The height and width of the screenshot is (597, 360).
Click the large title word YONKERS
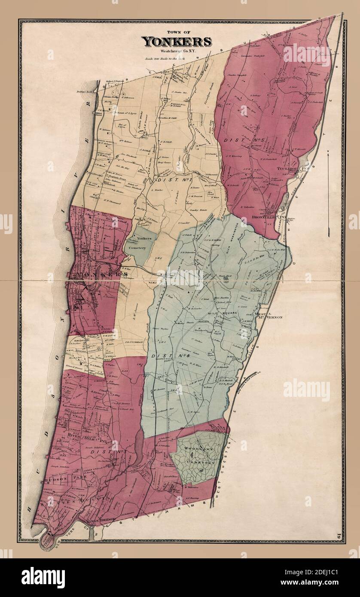[x=177, y=42]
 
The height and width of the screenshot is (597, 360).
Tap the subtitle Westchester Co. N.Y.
[x=177, y=51]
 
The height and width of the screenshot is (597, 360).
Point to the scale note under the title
[x=176, y=58]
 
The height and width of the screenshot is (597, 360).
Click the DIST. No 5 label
[x=240, y=140]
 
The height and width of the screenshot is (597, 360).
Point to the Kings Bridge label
[x=100, y=521]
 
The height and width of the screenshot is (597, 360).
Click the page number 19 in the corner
[x=339, y=536]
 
